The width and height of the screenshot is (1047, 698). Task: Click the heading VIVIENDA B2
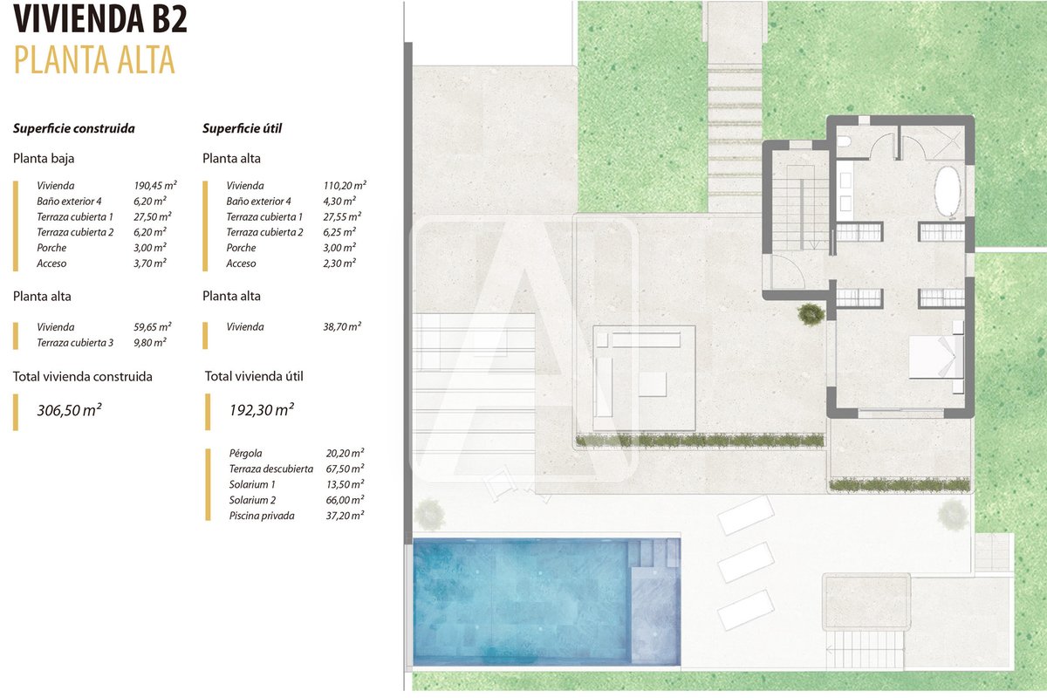(100, 18)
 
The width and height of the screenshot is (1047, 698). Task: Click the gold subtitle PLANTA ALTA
(94, 60)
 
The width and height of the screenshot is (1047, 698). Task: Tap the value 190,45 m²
(155, 186)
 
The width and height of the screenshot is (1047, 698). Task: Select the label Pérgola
(245, 453)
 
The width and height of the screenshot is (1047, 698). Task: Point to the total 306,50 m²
(69, 410)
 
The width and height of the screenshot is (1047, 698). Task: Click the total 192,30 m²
(261, 410)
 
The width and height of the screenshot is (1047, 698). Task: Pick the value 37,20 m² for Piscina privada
(345, 516)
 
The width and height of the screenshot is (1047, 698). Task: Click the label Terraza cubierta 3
(75, 343)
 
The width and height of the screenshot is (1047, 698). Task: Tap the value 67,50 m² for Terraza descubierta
(345, 469)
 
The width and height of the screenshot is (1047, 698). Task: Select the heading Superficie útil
(243, 128)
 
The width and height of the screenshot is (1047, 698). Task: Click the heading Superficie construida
(74, 128)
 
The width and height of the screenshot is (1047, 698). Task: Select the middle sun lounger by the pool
(745, 562)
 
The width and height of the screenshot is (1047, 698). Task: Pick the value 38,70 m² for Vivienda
(342, 327)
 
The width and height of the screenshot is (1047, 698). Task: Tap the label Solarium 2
(252, 500)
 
